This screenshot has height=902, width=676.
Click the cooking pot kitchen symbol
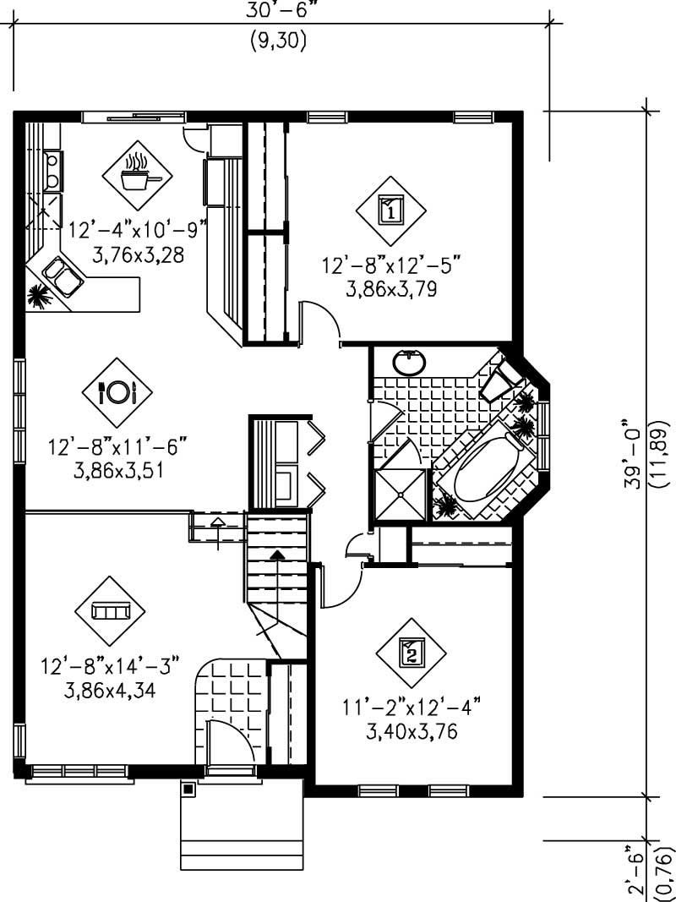coord(137,175)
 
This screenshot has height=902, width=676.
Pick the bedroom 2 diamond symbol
coord(411,651)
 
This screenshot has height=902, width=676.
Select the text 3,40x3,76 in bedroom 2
coord(412,732)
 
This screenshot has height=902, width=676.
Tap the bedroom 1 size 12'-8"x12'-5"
coord(390,265)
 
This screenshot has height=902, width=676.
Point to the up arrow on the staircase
coord(277,555)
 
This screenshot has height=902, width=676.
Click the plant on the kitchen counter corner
coord(37,295)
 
